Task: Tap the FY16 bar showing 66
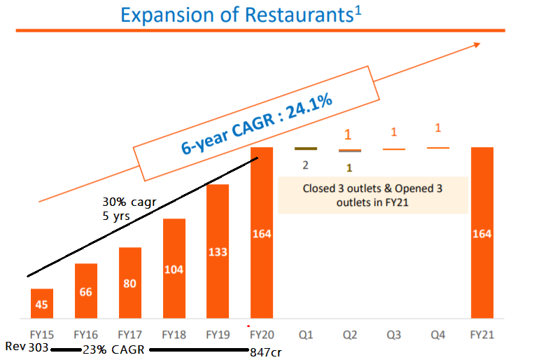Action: coord(86,291)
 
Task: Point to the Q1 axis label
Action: coord(306,335)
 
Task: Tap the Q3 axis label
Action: coord(394,335)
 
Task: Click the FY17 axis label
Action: coord(130,335)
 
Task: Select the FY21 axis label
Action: coord(482,335)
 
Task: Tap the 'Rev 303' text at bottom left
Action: coord(25,347)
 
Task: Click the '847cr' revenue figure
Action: coord(265,352)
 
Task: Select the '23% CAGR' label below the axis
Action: coord(113,350)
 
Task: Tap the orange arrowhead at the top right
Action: coord(477,45)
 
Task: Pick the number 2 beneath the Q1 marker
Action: coord(305,165)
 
